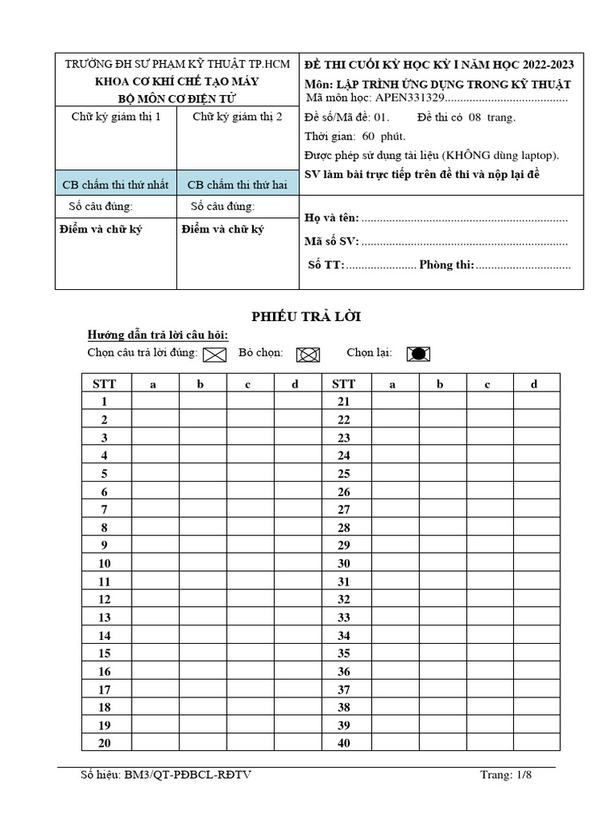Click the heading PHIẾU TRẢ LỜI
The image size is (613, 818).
tap(306, 317)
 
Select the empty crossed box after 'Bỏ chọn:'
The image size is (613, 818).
tap(307, 355)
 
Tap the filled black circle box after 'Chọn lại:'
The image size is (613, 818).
tap(417, 354)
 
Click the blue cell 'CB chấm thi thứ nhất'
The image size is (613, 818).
tap(116, 185)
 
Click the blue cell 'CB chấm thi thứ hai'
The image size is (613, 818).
tap(237, 185)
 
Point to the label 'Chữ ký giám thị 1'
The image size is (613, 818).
tap(116, 117)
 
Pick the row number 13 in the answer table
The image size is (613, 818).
tap(105, 617)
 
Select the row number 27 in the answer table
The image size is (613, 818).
tap(344, 509)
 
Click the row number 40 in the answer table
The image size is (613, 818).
tap(344, 743)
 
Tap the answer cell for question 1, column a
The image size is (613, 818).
tap(154, 401)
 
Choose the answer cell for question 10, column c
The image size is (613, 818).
tap(248, 563)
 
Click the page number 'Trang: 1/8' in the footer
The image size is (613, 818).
tap(505, 775)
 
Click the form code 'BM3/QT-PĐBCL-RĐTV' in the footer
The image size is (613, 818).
tap(189, 775)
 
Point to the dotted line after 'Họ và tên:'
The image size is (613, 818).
tap(465, 218)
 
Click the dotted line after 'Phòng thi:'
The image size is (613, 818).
tap(524, 265)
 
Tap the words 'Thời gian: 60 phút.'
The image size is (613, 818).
tap(355, 136)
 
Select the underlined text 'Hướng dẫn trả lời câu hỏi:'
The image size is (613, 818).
tap(157, 335)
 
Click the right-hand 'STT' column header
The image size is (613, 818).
tap(344, 383)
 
